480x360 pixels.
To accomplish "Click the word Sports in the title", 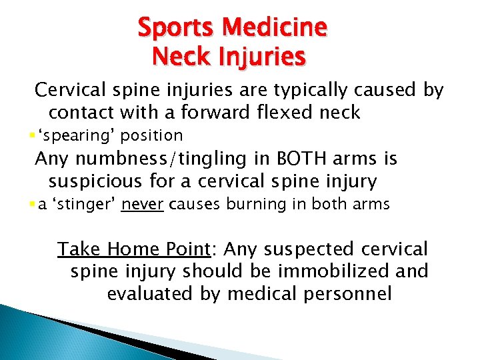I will pyautogui.click(x=179, y=27).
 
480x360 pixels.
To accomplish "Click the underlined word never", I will pyautogui.click(x=143, y=205).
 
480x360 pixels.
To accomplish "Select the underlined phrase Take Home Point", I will pyautogui.click(x=133, y=249).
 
